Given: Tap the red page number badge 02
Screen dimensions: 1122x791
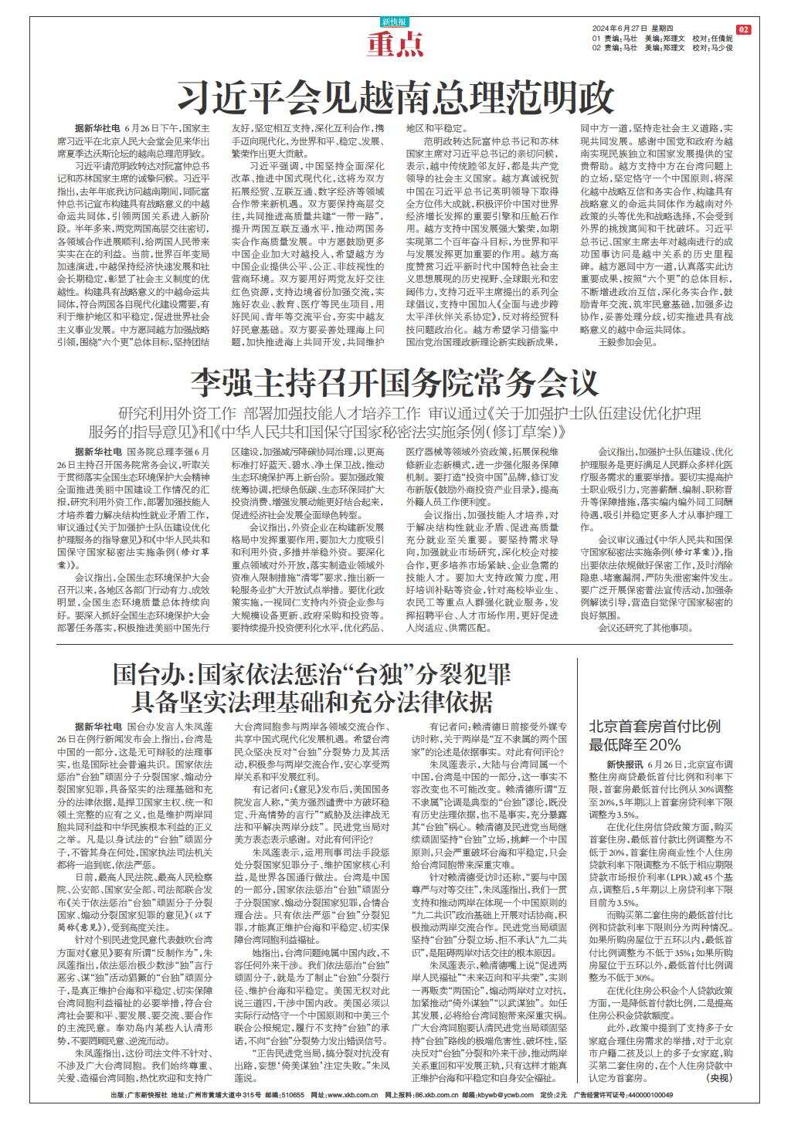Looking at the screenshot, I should point(743,29).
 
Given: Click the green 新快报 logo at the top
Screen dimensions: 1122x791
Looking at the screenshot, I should point(395,21).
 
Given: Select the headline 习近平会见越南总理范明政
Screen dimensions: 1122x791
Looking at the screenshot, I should point(395,97).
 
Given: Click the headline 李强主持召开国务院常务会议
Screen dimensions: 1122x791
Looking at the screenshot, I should point(395,382).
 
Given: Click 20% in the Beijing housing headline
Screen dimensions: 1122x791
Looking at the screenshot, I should point(665,745).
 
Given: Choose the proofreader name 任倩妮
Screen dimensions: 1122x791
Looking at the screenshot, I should point(720,38).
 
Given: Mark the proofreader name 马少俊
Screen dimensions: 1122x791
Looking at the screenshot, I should point(720,48).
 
